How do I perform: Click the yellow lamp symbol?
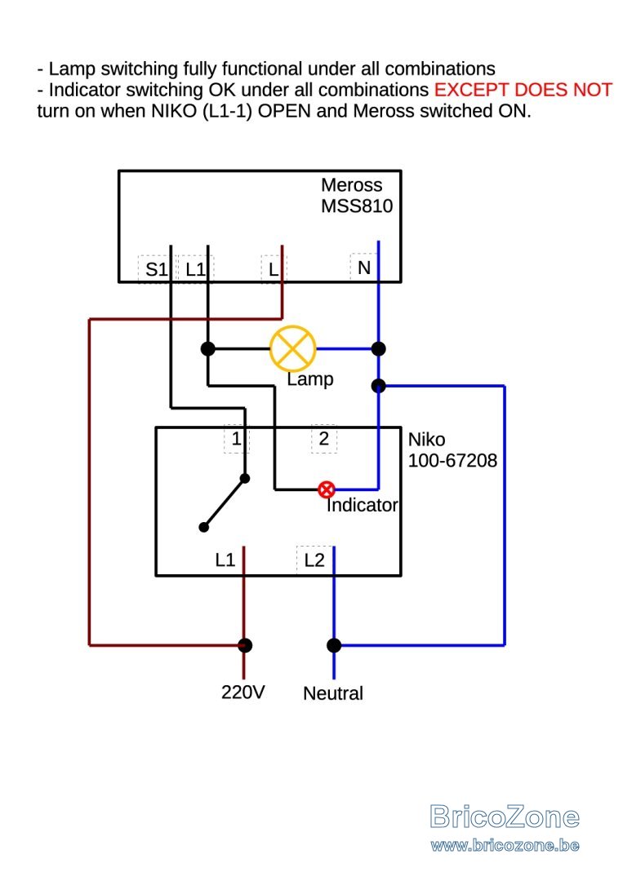click(292, 348)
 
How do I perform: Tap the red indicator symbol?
click(326, 489)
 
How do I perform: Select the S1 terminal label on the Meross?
click(156, 269)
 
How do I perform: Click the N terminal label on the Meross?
click(364, 268)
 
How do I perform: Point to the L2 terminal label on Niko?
click(314, 560)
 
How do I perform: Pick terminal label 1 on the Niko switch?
click(237, 438)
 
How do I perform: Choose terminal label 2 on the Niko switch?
click(323, 438)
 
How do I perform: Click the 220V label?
click(243, 692)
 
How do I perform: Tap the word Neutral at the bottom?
click(333, 693)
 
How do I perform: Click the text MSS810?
click(357, 206)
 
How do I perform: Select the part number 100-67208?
click(452, 460)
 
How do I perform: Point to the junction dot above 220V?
click(245, 645)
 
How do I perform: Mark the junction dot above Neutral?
click(334, 645)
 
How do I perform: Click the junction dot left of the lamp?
click(208, 348)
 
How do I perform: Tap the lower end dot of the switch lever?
click(204, 527)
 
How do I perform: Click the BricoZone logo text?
click(505, 817)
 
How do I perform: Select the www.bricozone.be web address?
click(505, 846)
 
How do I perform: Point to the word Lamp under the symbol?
click(309, 379)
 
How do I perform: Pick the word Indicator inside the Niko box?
click(362, 505)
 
